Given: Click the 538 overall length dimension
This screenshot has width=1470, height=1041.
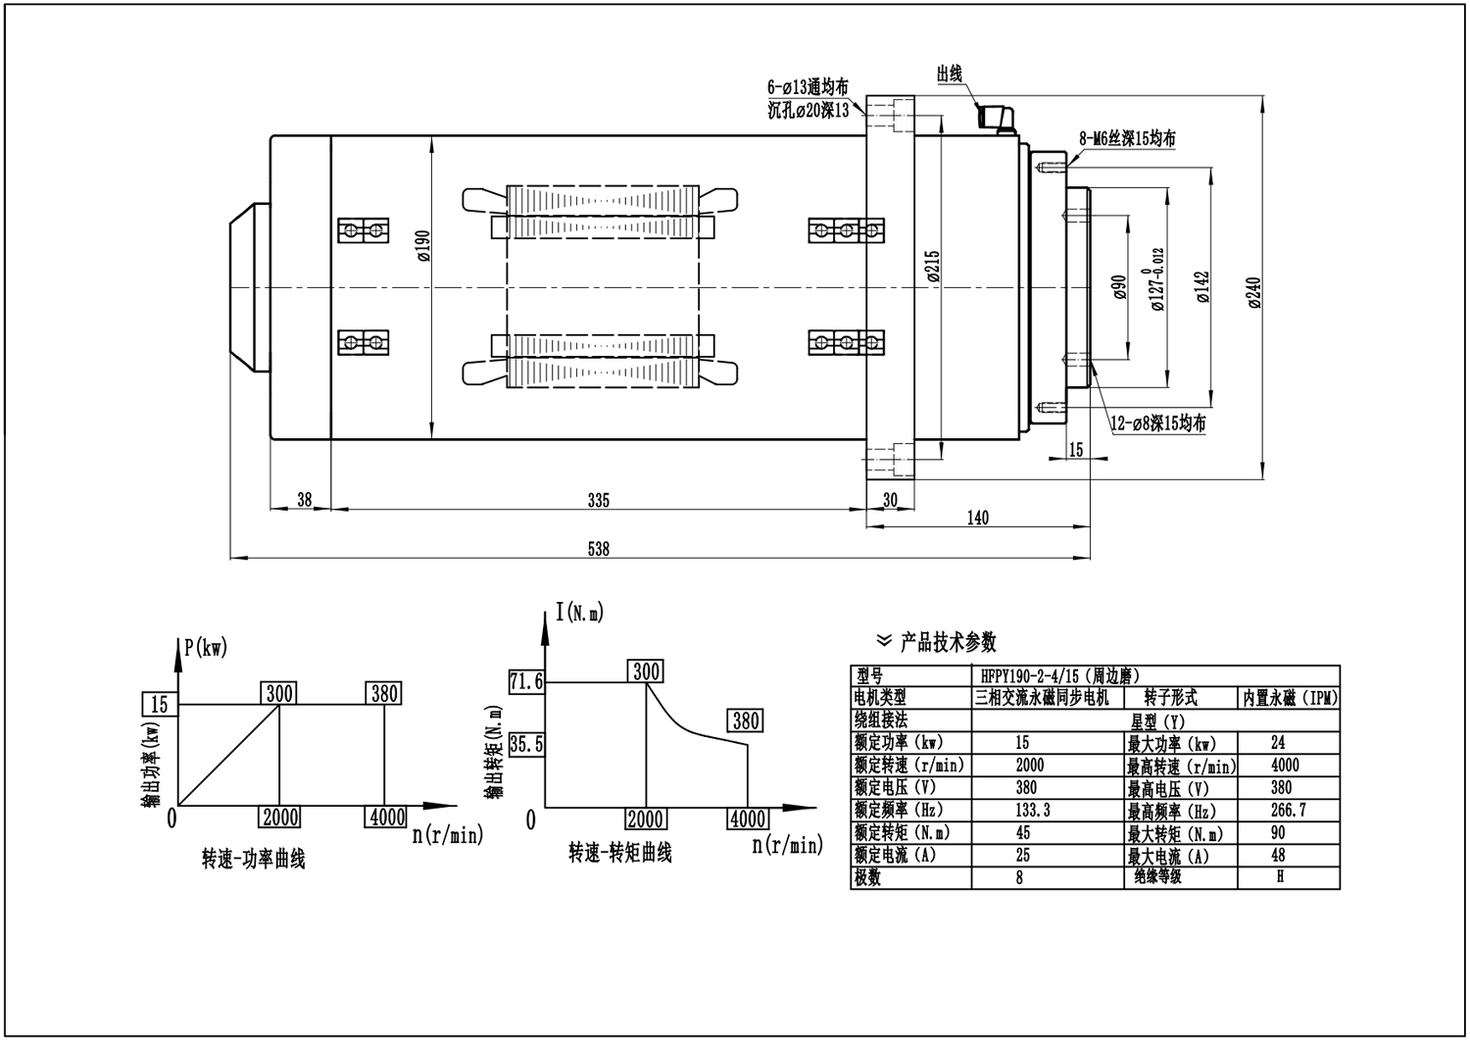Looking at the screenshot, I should [x=598, y=550].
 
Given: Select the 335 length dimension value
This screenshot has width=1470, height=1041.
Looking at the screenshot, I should [x=598, y=501].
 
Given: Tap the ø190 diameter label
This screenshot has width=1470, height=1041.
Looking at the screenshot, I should [x=423, y=246].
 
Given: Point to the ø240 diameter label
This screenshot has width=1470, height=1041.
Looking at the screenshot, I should [x=1255, y=292].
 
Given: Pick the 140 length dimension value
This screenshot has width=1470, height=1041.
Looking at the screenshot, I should [x=977, y=518].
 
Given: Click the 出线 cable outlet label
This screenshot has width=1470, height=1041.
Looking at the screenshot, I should [x=950, y=74].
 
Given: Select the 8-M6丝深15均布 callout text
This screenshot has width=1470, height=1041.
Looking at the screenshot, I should [x=1127, y=139].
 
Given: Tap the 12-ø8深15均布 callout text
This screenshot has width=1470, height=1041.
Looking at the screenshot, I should [x=1157, y=424].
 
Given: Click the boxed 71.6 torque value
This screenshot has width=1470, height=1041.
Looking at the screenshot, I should [x=526, y=681].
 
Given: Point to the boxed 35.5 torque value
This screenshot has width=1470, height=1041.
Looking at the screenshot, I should [x=526, y=744].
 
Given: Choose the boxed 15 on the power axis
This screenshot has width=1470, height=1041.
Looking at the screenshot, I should [x=160, y=704].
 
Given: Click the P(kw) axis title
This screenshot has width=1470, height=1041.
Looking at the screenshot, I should [x=205, y=647].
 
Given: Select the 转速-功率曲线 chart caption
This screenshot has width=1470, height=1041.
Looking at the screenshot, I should [x=253, y=860].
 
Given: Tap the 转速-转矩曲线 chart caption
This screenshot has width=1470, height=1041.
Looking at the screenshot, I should [x=620, y=853].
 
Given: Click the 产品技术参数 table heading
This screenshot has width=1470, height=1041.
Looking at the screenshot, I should [x=948, y=642].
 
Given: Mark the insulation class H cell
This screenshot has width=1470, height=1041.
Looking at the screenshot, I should [x=1280, y=877].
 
